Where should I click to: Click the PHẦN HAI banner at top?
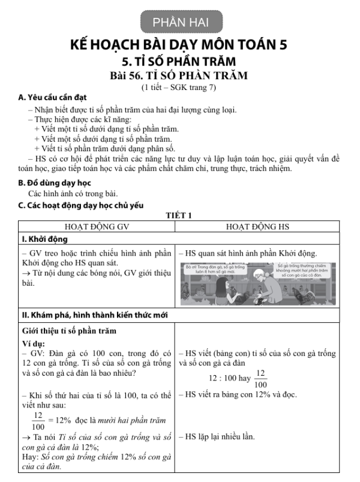coord(180,22)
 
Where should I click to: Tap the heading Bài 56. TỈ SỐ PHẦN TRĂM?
coord(179,76)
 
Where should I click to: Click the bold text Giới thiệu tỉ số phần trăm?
coord(70,331)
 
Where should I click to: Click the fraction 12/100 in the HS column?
coord(260,379)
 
